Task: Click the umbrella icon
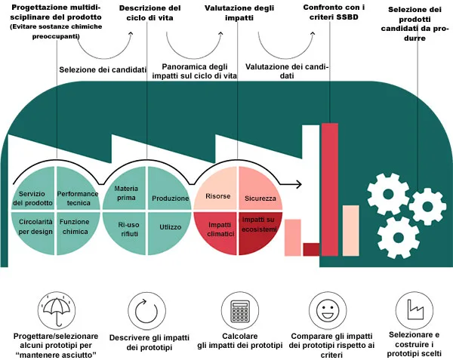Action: tap(56, 309)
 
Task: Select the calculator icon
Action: tap(239, 309)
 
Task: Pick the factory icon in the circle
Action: tap(414, 309)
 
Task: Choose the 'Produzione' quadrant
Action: tap(168, 197)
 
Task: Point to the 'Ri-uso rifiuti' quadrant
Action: tap(125, 229)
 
